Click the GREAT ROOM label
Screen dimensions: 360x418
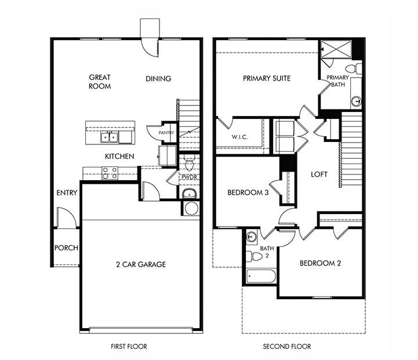coord(100,82)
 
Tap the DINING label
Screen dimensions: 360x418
coord(158,79)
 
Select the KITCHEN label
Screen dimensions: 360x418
coord(119,157)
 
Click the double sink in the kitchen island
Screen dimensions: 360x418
coord(109,137)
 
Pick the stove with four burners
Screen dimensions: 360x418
coord(110,173)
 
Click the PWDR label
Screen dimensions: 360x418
coord(189,177)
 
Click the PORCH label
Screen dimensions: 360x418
coord(66,248)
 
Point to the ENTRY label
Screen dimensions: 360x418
coord(67,193)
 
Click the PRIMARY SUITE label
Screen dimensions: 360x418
coord(267,78)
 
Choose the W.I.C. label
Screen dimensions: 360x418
coord(240,137)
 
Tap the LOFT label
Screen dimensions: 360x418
coord(319,174)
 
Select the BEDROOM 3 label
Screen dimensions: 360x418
coord(248,193)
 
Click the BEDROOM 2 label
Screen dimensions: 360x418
coord(320,263)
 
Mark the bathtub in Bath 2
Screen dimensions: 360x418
coord(261,275)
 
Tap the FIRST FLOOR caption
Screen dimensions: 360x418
coord(129,347)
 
